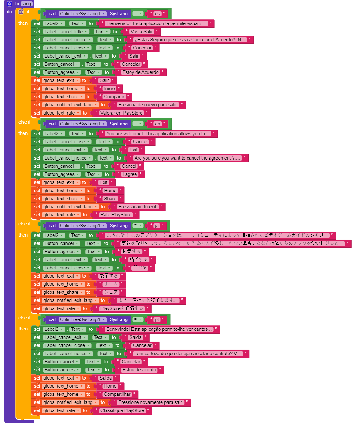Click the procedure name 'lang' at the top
(27, 4)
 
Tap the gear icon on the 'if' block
(21, 12)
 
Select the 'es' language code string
(157, 14)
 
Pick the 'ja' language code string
(157, 226)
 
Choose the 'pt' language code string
(157, 319)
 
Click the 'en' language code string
(157, 124)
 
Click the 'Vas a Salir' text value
(141, 32)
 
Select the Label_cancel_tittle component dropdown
(66, 32)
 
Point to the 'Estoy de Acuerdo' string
(140, 72)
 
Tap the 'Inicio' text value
(109, 89)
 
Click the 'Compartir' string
(114, 97)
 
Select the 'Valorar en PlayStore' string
(121, 113)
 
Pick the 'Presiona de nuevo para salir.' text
(148, 105)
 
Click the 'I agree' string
(130, 174)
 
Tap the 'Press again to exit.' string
(137, 207)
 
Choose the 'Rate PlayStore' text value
(116, 215)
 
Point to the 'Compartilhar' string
(117, 394)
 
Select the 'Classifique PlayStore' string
(122, 410)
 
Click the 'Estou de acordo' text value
(139, 370)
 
